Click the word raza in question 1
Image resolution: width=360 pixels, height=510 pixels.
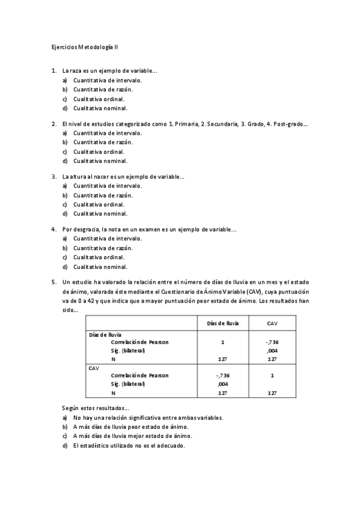pyautogui.click(x=77, y=70)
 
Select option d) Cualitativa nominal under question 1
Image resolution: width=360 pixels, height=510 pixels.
pyautogui.click(x=100, y=108)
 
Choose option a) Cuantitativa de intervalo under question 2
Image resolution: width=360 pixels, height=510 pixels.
pyautogui.click(x=108, y=133)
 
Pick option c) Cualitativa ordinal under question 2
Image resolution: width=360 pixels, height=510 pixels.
pyautogui.click(x=99, y=152)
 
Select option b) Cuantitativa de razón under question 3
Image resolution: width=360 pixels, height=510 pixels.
pyautogui.click(x=103, y=195)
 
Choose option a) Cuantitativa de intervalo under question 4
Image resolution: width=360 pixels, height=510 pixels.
pyautogui.click(x=108, y=239)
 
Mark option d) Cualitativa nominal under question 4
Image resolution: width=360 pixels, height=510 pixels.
pyautogui.click(x=100, y=267)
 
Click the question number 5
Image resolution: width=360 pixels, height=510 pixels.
pyautogui.click(x=54, y=281)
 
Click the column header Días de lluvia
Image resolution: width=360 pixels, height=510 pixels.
pyautogui.click(x=223, y=324)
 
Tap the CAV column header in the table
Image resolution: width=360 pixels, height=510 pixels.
pyautogui.click(x=272, y=324)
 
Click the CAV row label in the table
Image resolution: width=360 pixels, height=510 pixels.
pyautogui.click(x=94, y=367)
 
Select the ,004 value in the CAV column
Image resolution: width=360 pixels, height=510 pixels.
pyautogui.click(x=272, y=350)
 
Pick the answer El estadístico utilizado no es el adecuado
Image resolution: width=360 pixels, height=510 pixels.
pyautogui.click(x=129, y=446)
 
